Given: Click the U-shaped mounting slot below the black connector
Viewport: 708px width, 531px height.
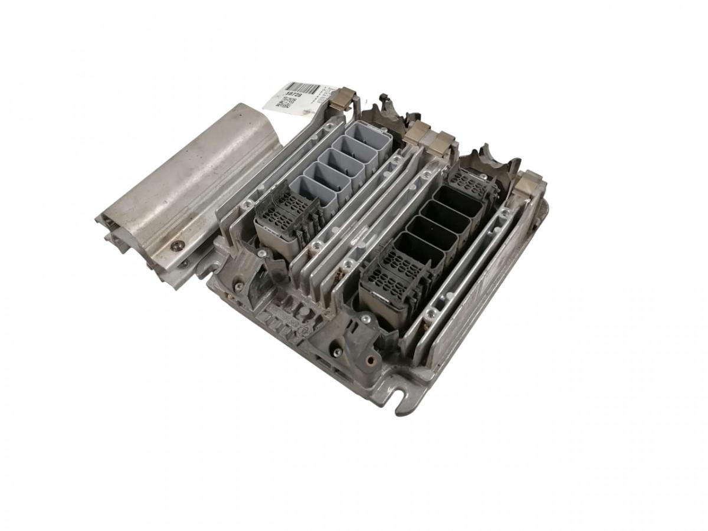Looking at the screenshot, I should pyautogui.click(x=407, y=390).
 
